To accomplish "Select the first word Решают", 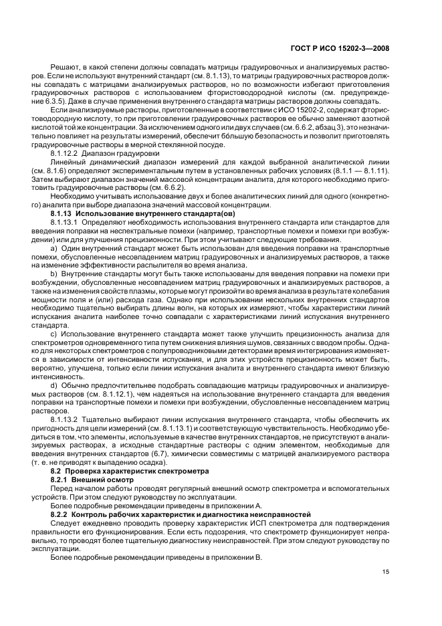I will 64,68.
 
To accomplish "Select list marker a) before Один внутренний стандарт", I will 53,247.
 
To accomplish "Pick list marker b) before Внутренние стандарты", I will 53,274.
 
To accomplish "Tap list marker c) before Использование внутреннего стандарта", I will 53,334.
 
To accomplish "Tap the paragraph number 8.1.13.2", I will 65,419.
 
